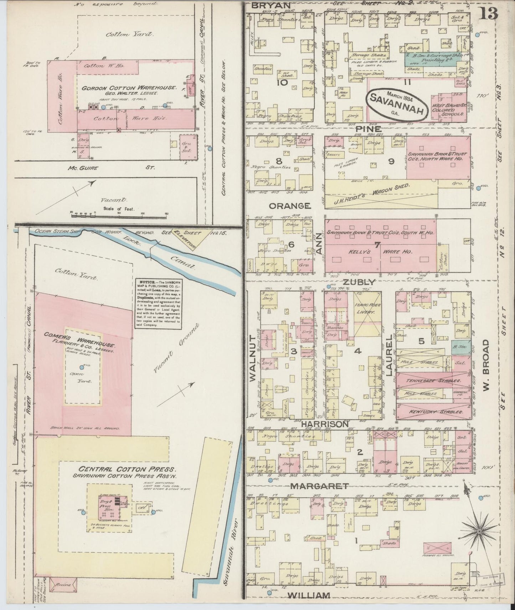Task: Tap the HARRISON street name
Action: pyautogui.click(x=324, y=424)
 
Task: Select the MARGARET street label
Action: pyautogui.click(x=319, y=486)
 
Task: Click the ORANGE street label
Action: pyautogui.click(x=290, y=206)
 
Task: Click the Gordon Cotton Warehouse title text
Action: pyautogui.click(x=129, y=88)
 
